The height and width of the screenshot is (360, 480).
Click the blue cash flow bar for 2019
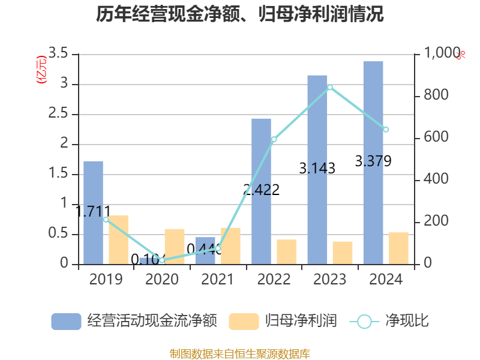pos(93,212)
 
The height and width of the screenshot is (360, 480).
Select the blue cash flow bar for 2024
pos(373,162)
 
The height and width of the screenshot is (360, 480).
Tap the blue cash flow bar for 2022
pos(261,191)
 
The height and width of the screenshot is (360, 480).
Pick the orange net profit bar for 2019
pos(118,239)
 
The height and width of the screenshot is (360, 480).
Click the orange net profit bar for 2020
pos(175,246)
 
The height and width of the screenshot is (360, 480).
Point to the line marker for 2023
pos(330,88)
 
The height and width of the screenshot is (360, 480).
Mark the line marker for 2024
pos(386,130)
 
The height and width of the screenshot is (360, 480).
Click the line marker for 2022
pos(274,139)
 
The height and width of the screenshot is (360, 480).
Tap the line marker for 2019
pos(106,220)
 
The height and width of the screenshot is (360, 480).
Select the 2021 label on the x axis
pos(218,280)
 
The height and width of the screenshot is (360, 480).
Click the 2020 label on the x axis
pos(162,280)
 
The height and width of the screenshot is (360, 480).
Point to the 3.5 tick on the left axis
pos(58,54)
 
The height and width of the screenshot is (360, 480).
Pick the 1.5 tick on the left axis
pos(58,174)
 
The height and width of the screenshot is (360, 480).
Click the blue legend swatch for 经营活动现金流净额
pos(66,321)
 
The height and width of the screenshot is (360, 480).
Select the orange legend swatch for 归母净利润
pos(244,321)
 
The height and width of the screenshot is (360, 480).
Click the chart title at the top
pos(240,14)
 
